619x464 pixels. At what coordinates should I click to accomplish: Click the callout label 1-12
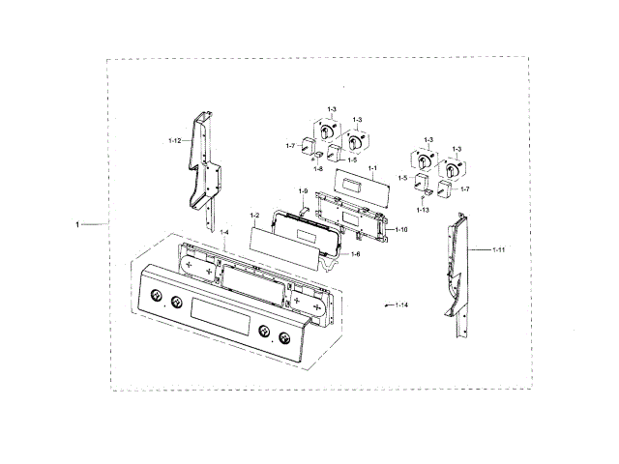174,141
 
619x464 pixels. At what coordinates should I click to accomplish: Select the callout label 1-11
499,250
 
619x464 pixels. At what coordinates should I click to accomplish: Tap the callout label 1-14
400,305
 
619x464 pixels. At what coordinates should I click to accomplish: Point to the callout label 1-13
423,209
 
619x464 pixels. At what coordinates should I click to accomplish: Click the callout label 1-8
318,169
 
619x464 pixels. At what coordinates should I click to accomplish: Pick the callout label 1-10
401,230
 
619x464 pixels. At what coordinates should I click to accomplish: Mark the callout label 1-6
354,254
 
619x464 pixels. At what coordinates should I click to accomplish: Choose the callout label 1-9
303,191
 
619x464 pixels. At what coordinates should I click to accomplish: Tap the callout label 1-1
371,169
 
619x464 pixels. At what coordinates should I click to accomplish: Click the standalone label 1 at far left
77,224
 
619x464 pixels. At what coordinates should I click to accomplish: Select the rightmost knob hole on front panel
283,338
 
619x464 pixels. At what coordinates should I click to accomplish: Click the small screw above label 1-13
422,197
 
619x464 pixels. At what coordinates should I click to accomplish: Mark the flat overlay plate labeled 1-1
355,183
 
